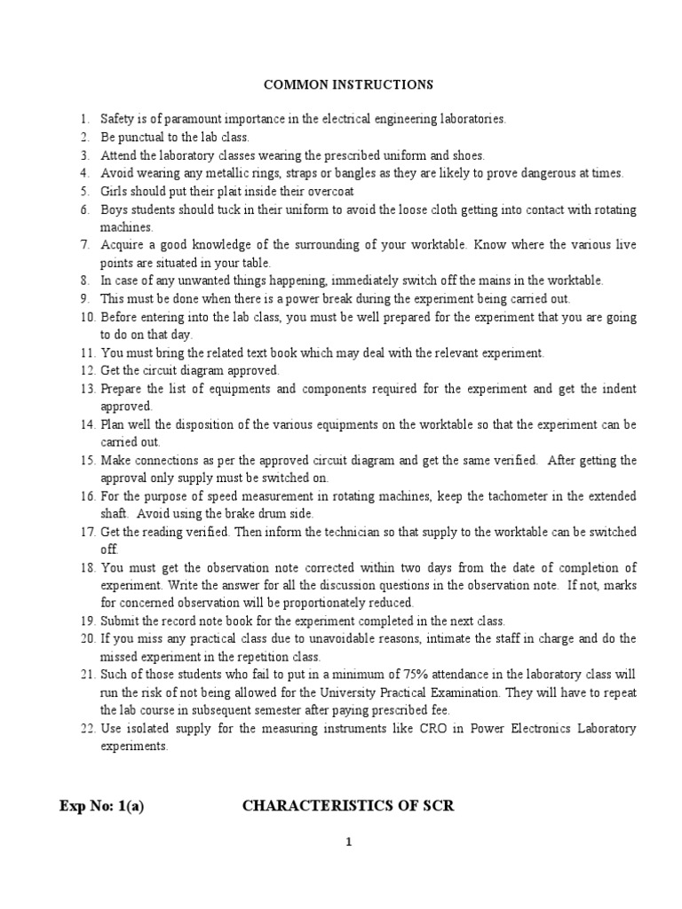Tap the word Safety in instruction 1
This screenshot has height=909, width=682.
pyautogui.click(x=116, y=118)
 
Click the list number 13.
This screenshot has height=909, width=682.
pyautogui.click(x=86, y=389)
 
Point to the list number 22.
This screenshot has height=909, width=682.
pyautogui.click(x=86, y=730)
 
